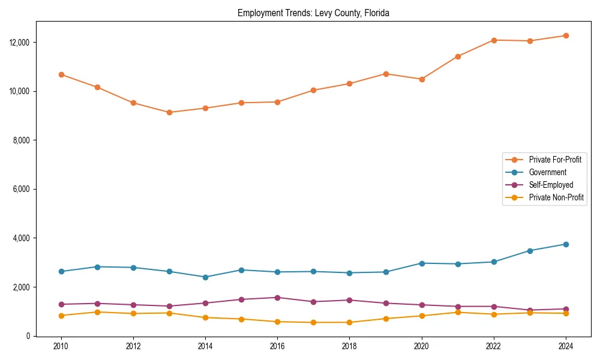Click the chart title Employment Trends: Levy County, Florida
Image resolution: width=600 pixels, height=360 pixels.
(313, 13)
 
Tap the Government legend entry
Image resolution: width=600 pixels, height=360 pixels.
(547, 172)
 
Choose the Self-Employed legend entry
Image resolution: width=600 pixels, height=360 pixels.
(551, 185)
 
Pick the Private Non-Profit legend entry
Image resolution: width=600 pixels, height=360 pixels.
(556, 197)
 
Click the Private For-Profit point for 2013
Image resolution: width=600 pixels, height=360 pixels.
(169, 112)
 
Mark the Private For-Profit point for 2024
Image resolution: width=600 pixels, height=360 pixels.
(565, 35)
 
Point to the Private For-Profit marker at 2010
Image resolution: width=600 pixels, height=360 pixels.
(61, 74)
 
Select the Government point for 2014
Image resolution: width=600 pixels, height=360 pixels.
(205, 277)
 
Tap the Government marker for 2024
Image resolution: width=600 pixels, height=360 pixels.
(565, 244)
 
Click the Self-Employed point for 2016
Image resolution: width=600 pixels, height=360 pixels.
(277, 298)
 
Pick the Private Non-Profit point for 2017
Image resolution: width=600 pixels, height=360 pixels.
(313, 322)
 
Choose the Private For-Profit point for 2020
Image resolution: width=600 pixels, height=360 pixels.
(421, 79)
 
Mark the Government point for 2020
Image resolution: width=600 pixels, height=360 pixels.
(421, 263)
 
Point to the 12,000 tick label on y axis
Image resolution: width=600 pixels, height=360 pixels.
(20, 43)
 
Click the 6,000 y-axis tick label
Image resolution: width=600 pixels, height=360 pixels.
(22, 189)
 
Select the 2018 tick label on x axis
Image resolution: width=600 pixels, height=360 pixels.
(349, 346)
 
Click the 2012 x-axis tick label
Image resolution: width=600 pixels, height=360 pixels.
(133, 346)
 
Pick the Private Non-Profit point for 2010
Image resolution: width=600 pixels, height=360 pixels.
(61, 316)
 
